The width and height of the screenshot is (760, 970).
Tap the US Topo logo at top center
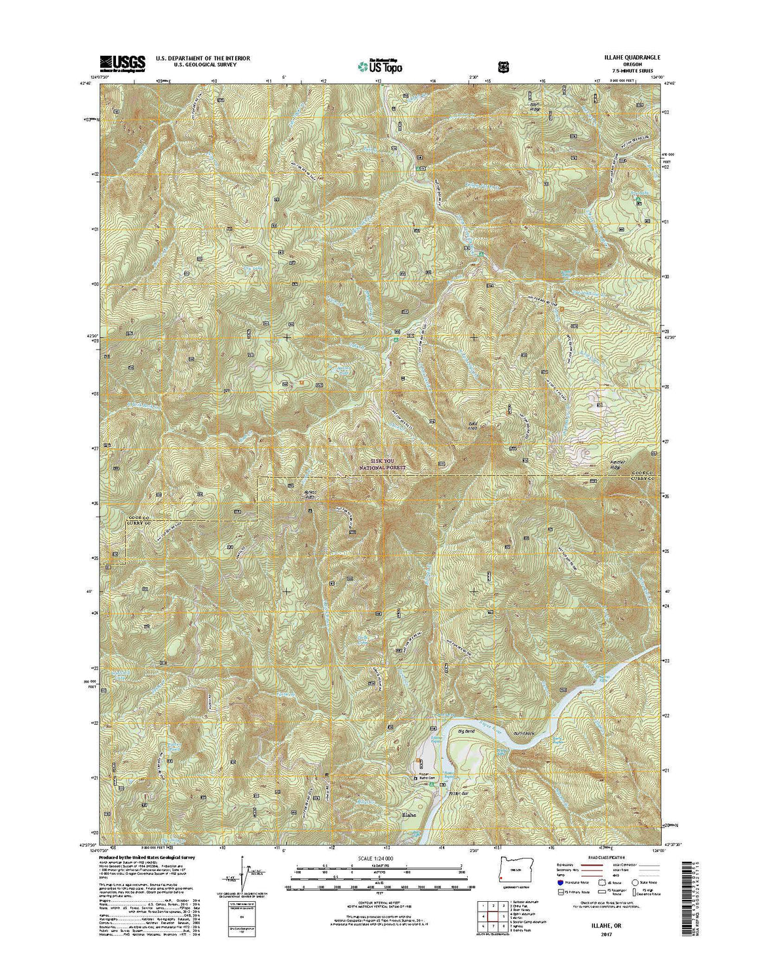(x=380, y=66)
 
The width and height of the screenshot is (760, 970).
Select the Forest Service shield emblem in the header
(x=503, y=66)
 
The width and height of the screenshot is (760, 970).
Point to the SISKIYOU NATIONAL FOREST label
(x=383, y=464)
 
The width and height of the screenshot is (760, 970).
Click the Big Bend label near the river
(x=466, y=731)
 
